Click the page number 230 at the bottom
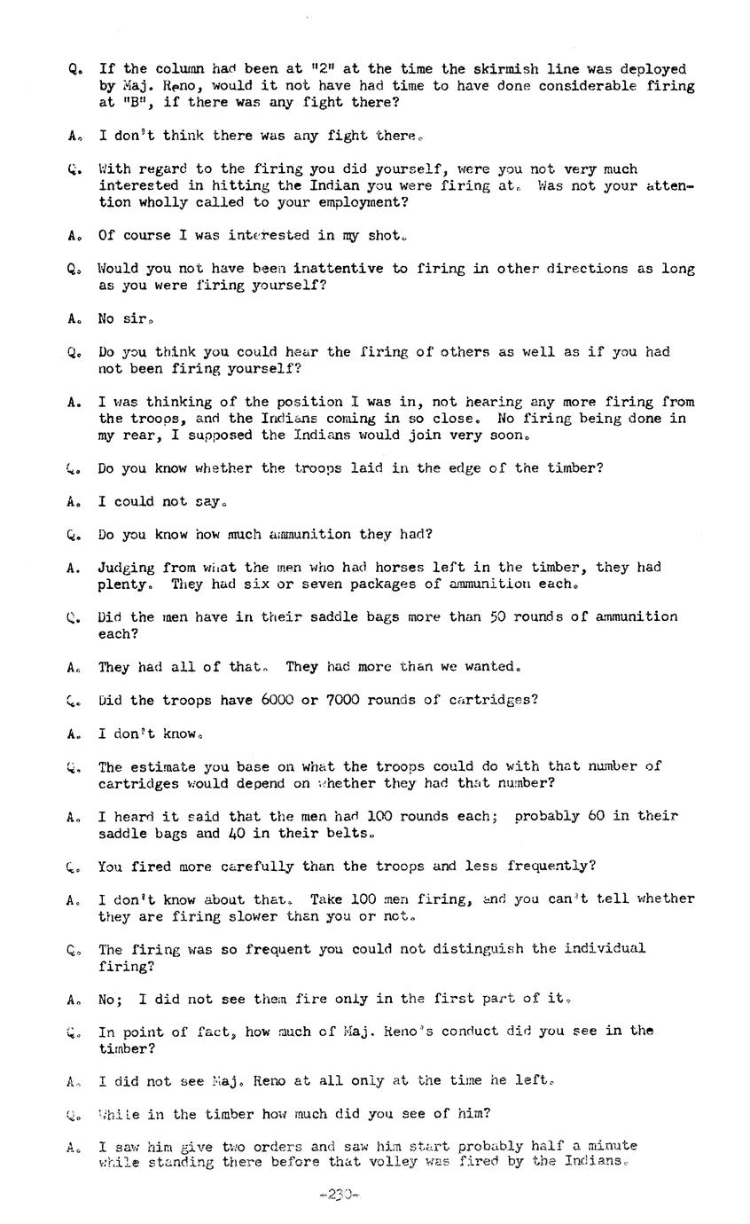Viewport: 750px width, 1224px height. tap(339, 1195)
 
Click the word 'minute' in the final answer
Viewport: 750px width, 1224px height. tap(613, 1145)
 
